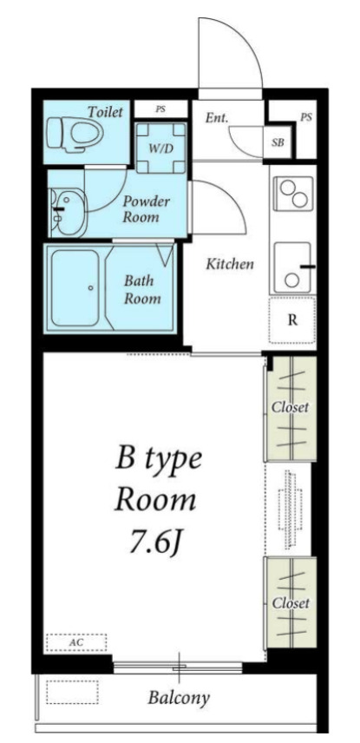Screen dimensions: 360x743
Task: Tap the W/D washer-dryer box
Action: (x=160, y=148)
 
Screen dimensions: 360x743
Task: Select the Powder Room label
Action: (x=146, y=209)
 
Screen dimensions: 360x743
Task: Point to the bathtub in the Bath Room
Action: (x=75, y=288)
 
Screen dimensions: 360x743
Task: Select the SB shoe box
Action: (x=278, y=141)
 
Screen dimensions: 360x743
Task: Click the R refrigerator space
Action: (x=292, y=320)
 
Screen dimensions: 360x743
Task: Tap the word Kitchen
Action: (x=230, y=264)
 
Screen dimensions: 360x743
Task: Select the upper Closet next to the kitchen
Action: (x=290, y=408)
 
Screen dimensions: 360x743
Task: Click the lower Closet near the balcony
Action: (x=291, y=602)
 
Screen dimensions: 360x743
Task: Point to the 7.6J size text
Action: (x=156, y=544)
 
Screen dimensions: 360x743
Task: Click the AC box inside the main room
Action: (x=76, y=642)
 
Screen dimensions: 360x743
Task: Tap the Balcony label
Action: (x=179, y=698)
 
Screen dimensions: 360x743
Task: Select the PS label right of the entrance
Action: (x=306, y=117)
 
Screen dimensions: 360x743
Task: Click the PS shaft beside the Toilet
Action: (x=160, y=109)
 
